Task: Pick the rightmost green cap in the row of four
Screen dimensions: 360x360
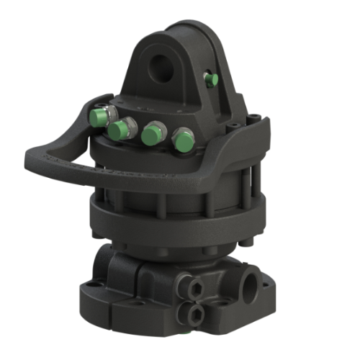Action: pos(182,140)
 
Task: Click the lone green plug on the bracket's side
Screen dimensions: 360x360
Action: pos(210,80)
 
